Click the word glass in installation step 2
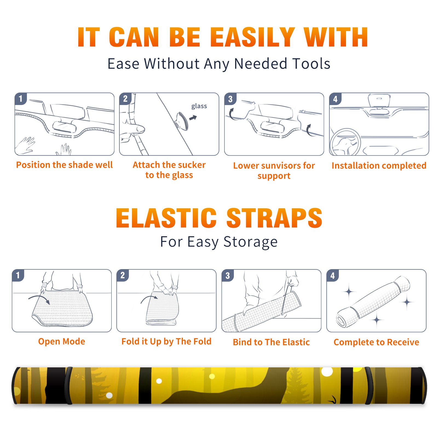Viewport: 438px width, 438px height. (199, 106)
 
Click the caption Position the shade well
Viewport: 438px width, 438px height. (64, 165)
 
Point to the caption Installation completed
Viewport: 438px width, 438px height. (379, 165)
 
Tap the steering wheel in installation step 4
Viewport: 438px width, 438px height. (345, 142)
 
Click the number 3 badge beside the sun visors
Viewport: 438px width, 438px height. (230, 99)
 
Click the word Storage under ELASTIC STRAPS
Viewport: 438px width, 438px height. (250, 242)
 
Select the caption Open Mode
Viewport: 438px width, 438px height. (62, 341)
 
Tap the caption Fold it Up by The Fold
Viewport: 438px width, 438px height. (166, 341)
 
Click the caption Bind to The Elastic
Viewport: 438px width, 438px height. (271, 342)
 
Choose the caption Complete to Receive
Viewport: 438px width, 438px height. (376, 342)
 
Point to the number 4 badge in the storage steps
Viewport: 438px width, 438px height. (333, 275)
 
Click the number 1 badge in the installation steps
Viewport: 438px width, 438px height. (21, 99)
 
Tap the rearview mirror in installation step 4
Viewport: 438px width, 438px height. (379, 101)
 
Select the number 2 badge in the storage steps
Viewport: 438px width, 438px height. (123, 275)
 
